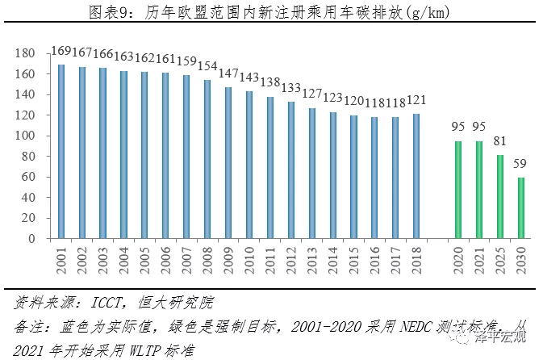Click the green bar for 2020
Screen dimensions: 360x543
point(458,190)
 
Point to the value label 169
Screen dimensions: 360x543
point(61,53)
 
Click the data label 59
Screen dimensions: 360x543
point(521,166)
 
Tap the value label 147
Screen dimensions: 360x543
point(229,77)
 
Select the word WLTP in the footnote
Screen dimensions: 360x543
point(123,349)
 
